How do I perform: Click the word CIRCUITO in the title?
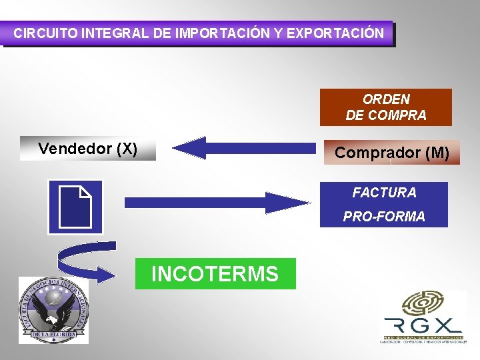pos(45,33)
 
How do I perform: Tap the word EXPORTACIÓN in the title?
pos(335,33)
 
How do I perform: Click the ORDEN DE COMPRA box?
pos(385,107)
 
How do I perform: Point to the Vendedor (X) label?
pos(87,149)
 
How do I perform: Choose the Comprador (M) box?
pos(391,153)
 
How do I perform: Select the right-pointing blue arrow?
pos(217,202)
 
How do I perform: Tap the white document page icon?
pos(75,207)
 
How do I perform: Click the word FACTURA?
pos(384,193)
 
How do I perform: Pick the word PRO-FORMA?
pos(384,217)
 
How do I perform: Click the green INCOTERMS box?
pos(215,273)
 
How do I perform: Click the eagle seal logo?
pos(53,311)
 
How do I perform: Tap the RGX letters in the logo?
pos(421,325)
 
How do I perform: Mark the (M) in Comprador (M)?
pos(437,153)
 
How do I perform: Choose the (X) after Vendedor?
pos(127,149)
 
